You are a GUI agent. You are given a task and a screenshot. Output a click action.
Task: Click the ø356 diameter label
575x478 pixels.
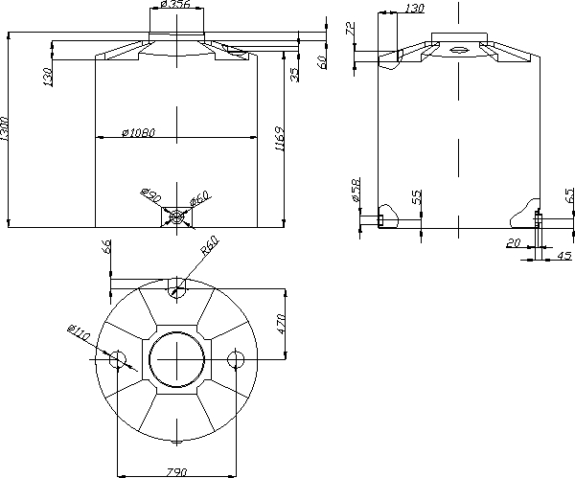pyautogui.click(x=175, y=5)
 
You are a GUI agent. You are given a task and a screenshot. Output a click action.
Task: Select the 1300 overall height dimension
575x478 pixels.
pyautogui.click(x=4, y=128)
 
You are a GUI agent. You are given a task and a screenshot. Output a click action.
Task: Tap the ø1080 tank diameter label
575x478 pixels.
pyautogui.click(x=139, y=132)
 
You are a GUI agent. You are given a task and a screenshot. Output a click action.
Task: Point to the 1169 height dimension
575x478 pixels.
pyautogui.click(x=280, y=139)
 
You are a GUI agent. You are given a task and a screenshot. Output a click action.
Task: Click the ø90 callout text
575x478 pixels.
pyautogui.click(x=150, y=195)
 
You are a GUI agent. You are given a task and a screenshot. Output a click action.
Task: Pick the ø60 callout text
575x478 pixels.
pyautogui.click(x=200, y=198)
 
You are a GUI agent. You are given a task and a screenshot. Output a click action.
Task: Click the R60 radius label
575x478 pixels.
pyautogui.click(x=210, y=245)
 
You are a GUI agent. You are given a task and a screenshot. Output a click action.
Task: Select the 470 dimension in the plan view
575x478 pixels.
pyautogui.click(x=281, y=324)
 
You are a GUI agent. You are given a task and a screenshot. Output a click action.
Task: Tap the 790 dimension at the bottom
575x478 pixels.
pyautogui.click(x=176, y=472)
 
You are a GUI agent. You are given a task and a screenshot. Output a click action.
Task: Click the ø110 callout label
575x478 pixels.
pyautogui.click(x=79, y=332)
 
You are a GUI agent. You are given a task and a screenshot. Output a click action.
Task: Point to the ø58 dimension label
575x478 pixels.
pyautogui.click(x=356, y=190)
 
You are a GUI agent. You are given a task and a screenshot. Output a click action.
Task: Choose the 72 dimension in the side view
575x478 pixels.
pyautogui.click(x=351, y=28)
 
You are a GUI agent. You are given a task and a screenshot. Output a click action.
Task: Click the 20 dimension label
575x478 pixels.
pyautogui.click(x=514, y=242)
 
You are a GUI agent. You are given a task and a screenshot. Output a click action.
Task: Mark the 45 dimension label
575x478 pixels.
pyautogui.click(x=564, y=255)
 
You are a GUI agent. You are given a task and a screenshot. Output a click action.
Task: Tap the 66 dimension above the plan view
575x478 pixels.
pyautogui.click(x=106, y=247)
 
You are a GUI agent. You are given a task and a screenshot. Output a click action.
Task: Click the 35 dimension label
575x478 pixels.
pyautogui.click(x=294, y=75)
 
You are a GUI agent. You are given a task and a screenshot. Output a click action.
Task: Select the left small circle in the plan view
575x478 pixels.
pyautogui.click(x=118, y=359)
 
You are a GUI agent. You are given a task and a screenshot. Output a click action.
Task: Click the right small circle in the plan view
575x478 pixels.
pyautogui.click(x=236, y=359)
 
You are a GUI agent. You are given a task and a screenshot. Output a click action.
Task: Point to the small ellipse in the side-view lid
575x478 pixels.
pyautogui.click(x=457, y=50)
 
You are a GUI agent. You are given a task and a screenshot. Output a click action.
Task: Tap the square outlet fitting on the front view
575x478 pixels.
pyautogui.click(x=176, y=217)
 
